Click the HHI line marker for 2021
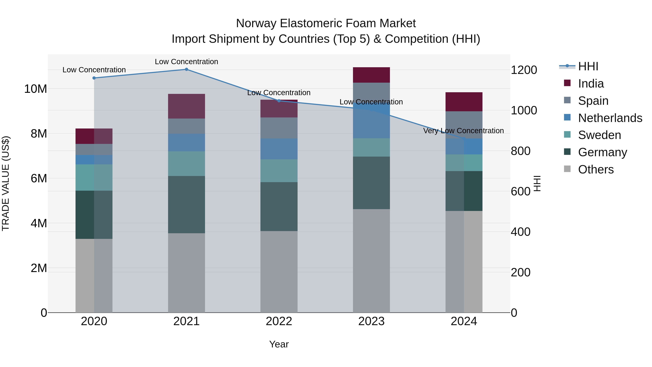pos(186,69)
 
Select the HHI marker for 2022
pos(279,101)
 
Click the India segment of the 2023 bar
pos(371,75)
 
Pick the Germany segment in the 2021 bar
pos(186,205)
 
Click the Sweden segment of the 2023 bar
pos(371,147)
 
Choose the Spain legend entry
pos(593,101)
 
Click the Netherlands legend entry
pos(610,118)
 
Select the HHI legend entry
pos(588,66)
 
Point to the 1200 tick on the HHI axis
pos(524,70)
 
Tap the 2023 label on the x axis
pos(371,321)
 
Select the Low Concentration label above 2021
pos(186,62)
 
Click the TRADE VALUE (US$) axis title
pos(6,183)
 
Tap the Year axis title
pos(279,344)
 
